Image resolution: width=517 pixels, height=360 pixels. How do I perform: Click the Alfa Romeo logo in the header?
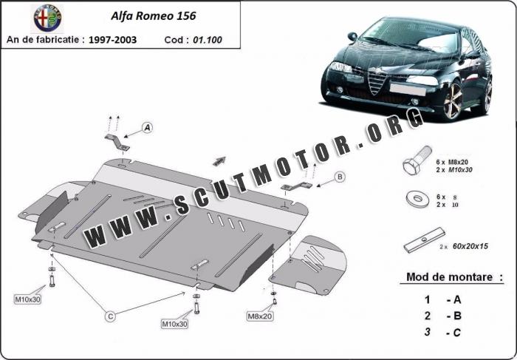(49, 17)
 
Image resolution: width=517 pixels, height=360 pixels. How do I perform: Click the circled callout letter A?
(147, 128)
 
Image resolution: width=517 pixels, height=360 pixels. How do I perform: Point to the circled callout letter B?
(340, 176)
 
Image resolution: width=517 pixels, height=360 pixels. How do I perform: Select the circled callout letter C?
(110, 316)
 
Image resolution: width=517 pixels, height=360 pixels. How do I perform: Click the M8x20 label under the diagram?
(260, 316)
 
